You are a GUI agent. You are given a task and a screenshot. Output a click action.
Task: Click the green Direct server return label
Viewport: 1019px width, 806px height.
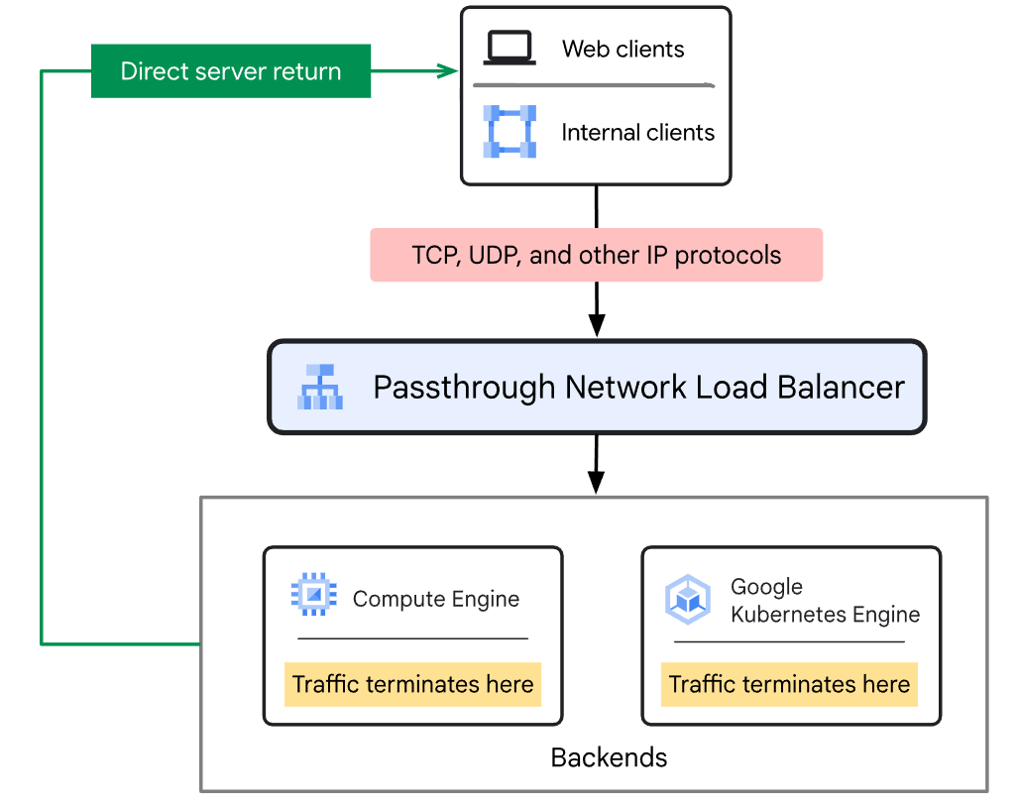pyautogui.click(x=231, y=70)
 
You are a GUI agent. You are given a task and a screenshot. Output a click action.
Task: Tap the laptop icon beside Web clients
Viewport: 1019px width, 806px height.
pyautogui.click(x=510, y=49)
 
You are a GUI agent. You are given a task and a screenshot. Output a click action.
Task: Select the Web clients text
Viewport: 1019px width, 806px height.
pyautogui.click(x=623, y=50)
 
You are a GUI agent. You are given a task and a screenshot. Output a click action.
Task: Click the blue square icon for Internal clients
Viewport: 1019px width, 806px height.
pyautogui.click(x=510, y=131)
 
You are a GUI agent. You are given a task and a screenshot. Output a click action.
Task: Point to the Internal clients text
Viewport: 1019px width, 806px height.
pyautogui.click(x=637, y=133)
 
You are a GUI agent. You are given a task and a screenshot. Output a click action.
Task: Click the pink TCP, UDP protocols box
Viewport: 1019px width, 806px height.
pyautogui.click(x=597, y=255)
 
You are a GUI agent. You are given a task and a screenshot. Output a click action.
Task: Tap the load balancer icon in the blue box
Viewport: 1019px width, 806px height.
pyautogui.click(x=320, y=387)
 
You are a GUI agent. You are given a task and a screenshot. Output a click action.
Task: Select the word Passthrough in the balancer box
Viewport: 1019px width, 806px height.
pyautogui.click(x=464, y=388)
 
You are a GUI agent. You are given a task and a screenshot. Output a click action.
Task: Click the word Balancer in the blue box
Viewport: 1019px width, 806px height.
pyautogui.click(x=841, y=388)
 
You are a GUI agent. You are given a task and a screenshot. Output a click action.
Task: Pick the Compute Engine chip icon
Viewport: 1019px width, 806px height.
pyautogui.click(x=314, y=594)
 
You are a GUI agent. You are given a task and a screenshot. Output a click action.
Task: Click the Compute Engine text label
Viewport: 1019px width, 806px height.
pyautogui.click(x=436, y=599)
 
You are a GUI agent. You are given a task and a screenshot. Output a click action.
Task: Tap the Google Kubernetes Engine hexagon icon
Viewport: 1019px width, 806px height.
pyautogui.click(x=688, y=600)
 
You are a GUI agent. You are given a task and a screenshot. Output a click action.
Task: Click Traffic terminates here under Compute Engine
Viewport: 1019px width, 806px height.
pyautogui.click(x=412, y=684)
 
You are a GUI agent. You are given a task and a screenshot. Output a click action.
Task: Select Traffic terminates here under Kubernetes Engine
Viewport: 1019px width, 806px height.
pyautogui.click(x=789, y=684)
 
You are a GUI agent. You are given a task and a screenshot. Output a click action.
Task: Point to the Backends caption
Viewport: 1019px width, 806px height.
pyautogui.click(x=609, y=757)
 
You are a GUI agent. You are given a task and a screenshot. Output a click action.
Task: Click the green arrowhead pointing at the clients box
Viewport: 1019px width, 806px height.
pyautogui.click(x=448, y=70)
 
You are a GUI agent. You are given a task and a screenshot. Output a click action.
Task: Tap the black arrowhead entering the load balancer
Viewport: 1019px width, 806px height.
pyautogui.click(x=597, y=325)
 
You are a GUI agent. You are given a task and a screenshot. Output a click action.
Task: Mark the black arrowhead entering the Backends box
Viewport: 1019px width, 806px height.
pyautogui.click(x=596, y=482)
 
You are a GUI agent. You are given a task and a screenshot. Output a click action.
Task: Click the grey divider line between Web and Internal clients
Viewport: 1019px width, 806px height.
pyautogui.click(x=594, y=85)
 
